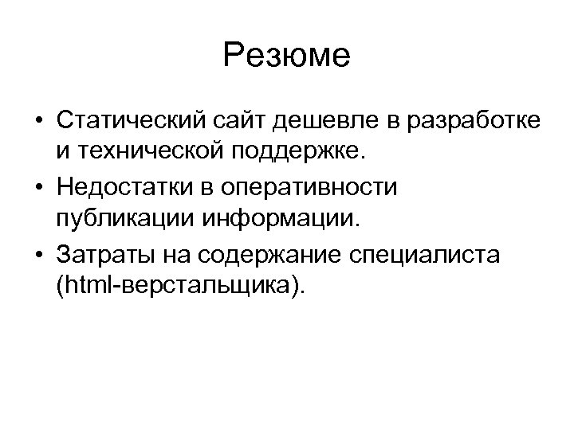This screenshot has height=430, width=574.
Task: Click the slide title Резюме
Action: [287, 55]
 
